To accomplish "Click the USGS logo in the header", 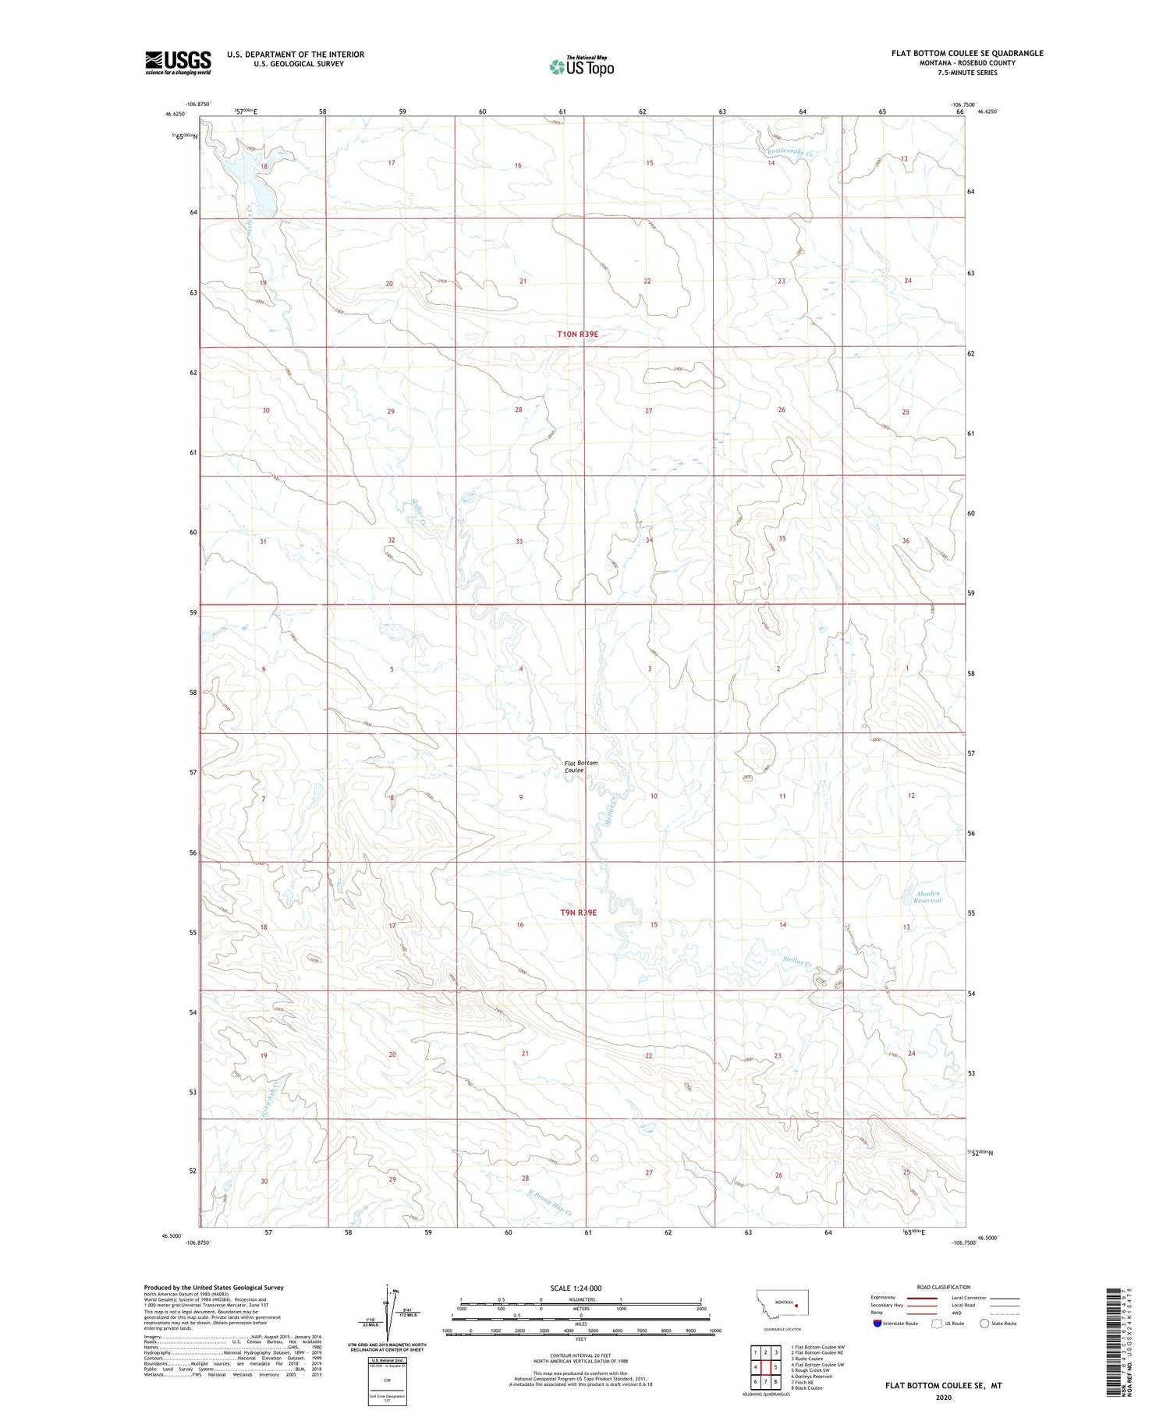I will [178, 62].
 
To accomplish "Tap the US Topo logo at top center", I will [581, 66].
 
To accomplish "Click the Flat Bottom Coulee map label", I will [581, 766].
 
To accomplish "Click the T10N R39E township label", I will [577, 335].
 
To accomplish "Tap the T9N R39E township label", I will [577, 913].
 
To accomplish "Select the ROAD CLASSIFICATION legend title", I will [943, 1287].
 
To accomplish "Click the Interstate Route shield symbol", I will [877, 1323].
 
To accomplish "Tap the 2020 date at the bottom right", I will [942, 1397].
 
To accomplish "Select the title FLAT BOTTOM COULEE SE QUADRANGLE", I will [967, 53].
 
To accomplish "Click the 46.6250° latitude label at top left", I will [175, 114].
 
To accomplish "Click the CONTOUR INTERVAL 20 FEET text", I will [580, 1356].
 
